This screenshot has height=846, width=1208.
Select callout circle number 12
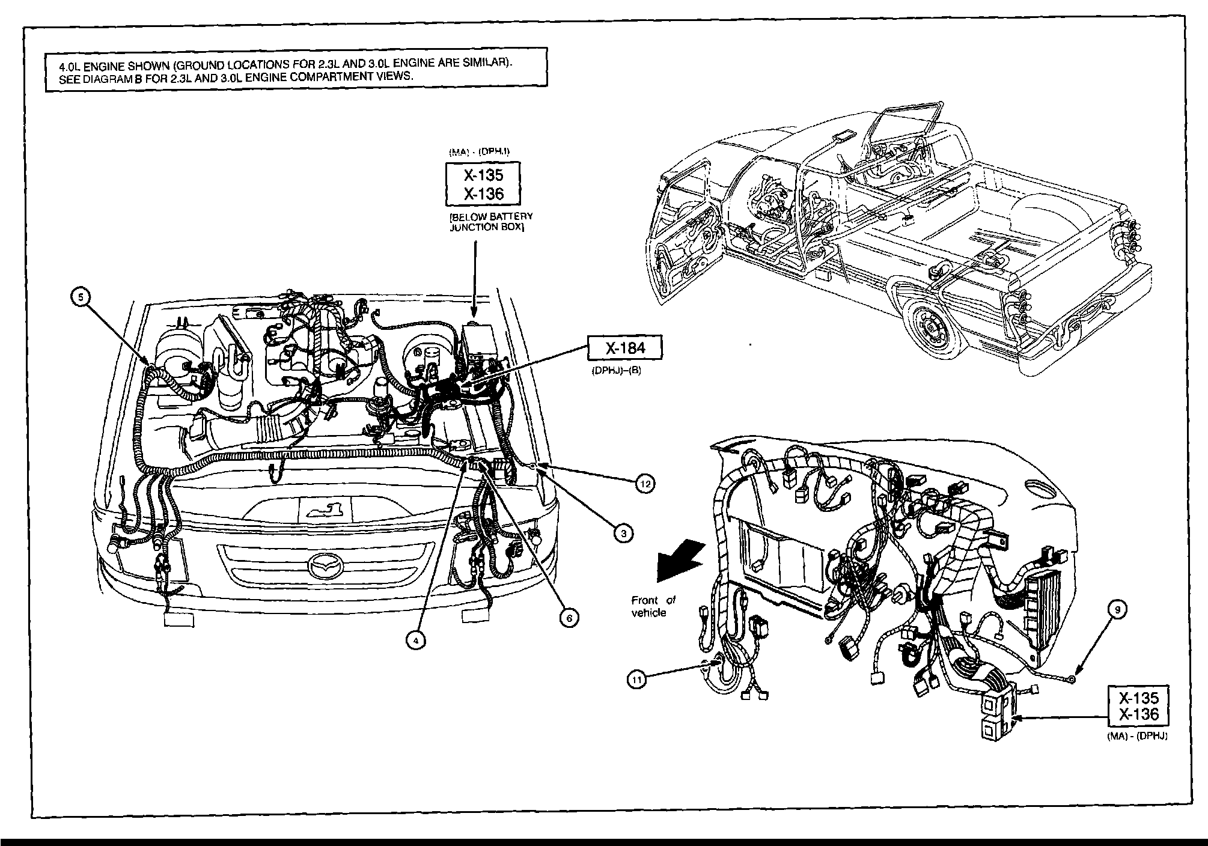(645, 483)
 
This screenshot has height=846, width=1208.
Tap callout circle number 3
(624, 532)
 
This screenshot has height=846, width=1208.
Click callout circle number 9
(1117, 610)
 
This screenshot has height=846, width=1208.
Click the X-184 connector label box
(625, 348)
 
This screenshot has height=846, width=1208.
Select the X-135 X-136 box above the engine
(483, 184)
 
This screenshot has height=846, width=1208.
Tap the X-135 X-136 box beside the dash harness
(1138, 707)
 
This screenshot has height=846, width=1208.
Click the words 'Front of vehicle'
(653, 606)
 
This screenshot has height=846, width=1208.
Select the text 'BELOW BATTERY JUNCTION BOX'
(491, 222)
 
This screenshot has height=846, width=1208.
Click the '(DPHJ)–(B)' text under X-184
(616, 371)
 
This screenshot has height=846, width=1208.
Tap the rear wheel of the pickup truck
(932, 327)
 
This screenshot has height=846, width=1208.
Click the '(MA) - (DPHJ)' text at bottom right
(1137, 736)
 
